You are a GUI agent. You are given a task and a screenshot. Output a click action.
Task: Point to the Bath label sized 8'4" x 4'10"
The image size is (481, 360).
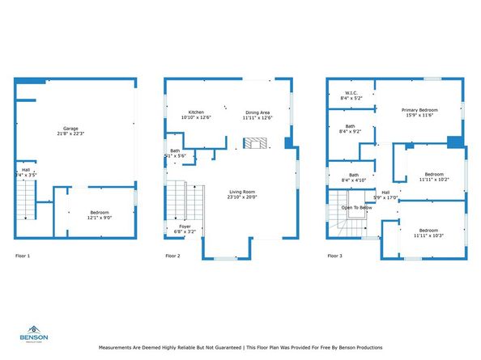354,177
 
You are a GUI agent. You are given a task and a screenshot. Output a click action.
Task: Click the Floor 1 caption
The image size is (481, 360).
23,256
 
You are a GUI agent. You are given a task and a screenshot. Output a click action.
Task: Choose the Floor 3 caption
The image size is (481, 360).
334,256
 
